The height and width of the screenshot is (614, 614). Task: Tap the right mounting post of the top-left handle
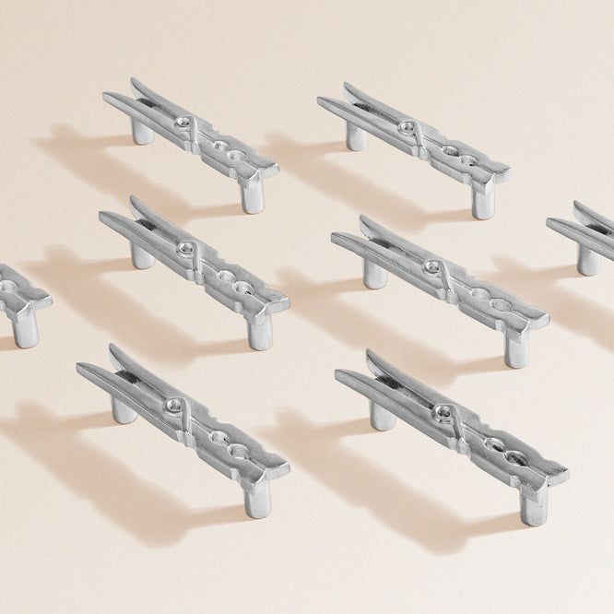(252, 196)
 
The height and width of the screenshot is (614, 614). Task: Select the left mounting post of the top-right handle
(356, 136)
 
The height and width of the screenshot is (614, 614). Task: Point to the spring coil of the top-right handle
(407, 126)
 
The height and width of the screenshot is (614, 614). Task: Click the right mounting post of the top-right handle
(483, 202)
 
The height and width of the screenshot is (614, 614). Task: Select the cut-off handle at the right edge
(584, 235)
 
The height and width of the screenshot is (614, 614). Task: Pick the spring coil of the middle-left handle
(186, 249)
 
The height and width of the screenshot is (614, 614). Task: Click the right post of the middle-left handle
(260, 333)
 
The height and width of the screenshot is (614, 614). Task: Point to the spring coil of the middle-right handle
(431, 267)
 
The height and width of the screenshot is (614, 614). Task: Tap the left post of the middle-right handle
(373, 273)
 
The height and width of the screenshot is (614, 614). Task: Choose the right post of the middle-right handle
(517, 349)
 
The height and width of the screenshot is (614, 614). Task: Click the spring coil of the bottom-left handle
(173, 405)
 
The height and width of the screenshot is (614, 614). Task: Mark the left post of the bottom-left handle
(124, 408)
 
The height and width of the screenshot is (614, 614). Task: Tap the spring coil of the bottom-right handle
(444, 414)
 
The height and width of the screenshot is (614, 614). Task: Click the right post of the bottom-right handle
(532, 506)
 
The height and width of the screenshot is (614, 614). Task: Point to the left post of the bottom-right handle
(383, 415)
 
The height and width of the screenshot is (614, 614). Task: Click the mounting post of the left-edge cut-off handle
(25, 330)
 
